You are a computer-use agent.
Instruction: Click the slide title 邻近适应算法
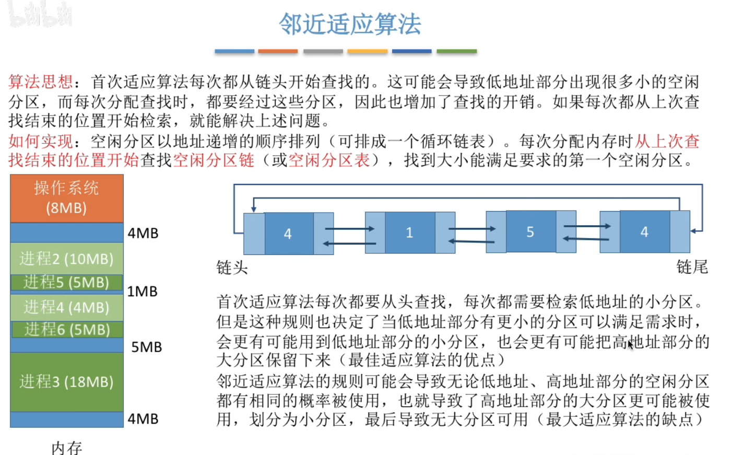pos(350,24)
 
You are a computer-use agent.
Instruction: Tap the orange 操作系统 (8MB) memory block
pos(67,198)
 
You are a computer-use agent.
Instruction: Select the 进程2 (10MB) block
pos(67,259)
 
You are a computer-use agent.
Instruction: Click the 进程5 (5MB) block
pos(67,282)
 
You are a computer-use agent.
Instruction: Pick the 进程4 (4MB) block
pos(67,307)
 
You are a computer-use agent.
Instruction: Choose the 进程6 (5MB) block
pos(67,330)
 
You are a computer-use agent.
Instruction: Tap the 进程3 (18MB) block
pos(67,382)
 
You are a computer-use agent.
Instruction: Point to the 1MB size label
pos(142,291)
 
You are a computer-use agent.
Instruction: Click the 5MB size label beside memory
pos(146,347)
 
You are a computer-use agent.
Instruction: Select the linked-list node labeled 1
pos(410,233)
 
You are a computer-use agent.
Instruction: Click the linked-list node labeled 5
pos(530,232)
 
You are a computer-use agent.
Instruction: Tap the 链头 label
pos(232,268)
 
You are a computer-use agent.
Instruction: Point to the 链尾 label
pos(692,267)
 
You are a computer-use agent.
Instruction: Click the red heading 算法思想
pos(41,82)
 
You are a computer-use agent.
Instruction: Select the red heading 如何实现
pos(41,141)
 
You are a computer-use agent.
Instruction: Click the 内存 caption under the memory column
pos(67,448)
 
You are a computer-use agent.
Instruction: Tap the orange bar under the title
pos(278,51)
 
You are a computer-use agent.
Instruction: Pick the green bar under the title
pos(456,51)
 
